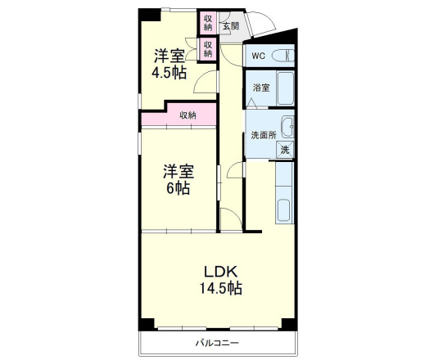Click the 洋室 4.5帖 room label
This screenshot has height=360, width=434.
[169, 64]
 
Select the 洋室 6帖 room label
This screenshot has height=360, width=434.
[178, 179]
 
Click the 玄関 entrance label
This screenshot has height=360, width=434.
[230, 26]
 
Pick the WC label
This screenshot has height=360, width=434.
[258, 56]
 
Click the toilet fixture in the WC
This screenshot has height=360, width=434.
[283, 56]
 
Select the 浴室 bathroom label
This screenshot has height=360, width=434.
[261, 88]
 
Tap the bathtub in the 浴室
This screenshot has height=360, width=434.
[286, 88]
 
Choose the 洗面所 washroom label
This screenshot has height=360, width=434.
[263, 135]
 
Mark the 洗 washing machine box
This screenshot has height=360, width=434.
[285, 149]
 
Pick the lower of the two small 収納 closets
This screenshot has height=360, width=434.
[208, 48]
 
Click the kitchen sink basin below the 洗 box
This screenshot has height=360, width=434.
[285, 210]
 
